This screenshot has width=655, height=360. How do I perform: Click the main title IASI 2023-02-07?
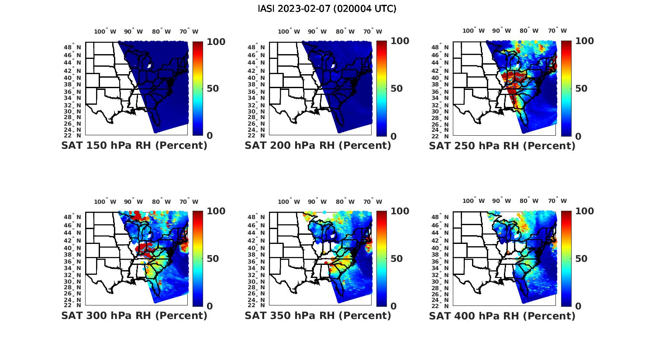click(327, 9)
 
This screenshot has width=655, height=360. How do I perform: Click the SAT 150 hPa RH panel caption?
click(134, 146)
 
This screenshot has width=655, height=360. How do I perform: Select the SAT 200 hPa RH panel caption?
click(318, 146)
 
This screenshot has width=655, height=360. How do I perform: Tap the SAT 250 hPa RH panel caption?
click(502, 146)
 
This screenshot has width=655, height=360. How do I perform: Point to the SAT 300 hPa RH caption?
click(134, 315)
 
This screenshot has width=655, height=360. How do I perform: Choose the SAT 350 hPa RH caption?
click(318, 315)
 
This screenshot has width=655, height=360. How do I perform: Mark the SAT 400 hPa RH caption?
click(502, 315)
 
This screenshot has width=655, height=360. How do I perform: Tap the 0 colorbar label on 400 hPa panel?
click(579, 306)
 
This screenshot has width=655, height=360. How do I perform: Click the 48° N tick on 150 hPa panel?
click(77, 47)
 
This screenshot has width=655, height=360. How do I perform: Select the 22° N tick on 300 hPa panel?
click(77, 305)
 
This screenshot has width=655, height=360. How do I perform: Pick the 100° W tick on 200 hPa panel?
click(289, 31)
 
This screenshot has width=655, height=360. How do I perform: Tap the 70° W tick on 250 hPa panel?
click(557, 31)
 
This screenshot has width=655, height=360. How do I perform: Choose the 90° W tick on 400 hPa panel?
click(501, 201)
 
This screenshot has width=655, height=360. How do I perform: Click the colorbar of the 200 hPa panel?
click(382, 88)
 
